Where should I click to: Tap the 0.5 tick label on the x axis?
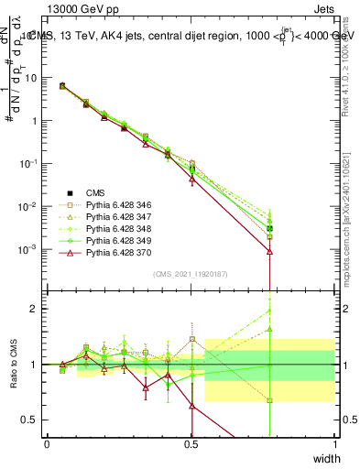[x=191, y=442]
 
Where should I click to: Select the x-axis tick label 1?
[x=335, y=442]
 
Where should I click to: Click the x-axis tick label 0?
[x=47, y=442]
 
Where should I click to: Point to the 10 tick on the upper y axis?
[x=33, y=77]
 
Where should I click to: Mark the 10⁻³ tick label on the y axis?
[x=30, y=249]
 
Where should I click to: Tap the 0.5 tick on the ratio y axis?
[x=33, y=420]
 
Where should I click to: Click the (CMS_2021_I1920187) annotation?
[x=191, y=274]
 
